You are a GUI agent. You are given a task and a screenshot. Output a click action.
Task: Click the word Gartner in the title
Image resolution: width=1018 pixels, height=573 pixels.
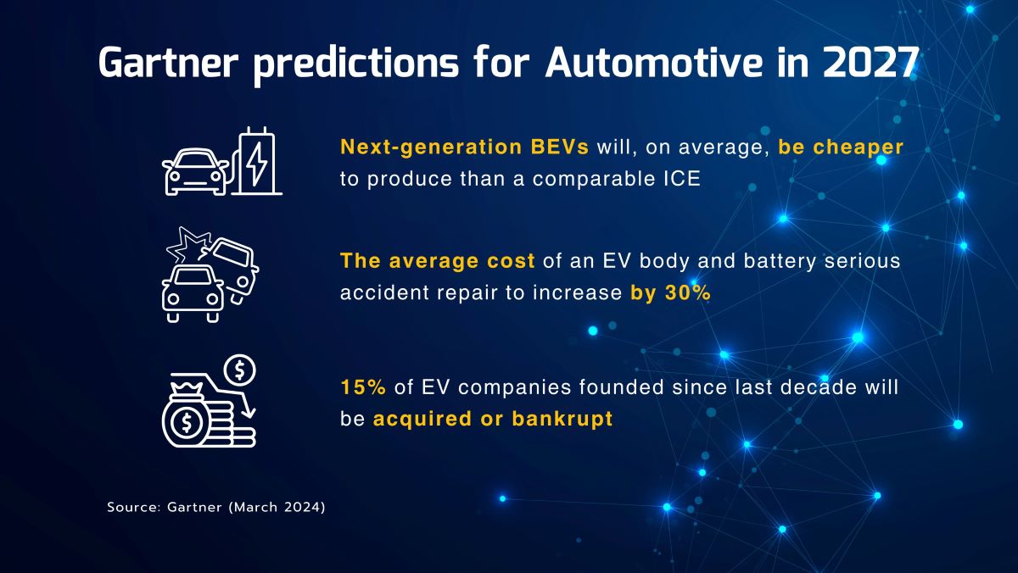pyautogui.click(x=168, y=62)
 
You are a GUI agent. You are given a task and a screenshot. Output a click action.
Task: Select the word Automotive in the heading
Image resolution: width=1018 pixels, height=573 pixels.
pyautogui.click(x=653, y=62)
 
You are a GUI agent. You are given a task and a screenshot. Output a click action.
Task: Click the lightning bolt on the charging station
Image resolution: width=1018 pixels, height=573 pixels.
pyautogui.click(x=257, y=164)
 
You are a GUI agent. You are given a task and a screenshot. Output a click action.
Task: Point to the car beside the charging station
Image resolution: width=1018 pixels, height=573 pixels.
pyautogui.click(x=195, y=171)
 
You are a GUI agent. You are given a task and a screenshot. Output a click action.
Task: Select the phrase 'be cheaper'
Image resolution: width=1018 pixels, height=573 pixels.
pyautogui.click(x=841, y=147)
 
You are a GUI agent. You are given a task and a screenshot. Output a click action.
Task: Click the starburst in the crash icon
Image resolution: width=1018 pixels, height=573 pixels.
pyautogui.click(x=187, y=244)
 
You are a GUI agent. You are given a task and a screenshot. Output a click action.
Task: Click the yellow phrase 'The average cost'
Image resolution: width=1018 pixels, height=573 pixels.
pyautogui.click(x=437, y=261)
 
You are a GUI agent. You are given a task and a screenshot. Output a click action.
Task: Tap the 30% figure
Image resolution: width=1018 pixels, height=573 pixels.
pyautogui.click(x=688, y=292)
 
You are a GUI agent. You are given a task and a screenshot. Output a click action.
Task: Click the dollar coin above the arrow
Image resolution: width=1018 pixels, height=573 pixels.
pyautogui.click(x=239, y=370)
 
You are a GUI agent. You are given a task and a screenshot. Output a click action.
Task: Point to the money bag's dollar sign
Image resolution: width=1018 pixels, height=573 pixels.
pyautogui.click(x=187, y=423)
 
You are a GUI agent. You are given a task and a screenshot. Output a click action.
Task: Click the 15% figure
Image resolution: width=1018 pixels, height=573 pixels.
pyautogui.click(x=363, y=387)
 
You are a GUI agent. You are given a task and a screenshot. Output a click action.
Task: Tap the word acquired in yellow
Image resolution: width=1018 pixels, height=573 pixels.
pyautogui.click(x=422, y=420)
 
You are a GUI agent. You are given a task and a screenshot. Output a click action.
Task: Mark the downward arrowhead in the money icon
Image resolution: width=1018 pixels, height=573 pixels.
pyautogui.click(x=249, y=412)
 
